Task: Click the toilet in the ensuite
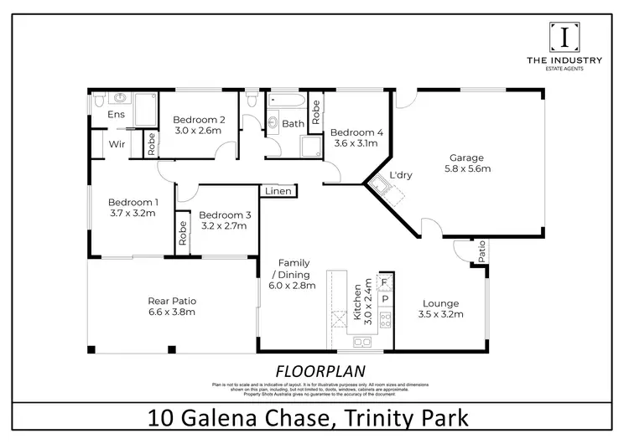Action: pyautogui.click(x=100, y=101)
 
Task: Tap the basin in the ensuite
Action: pyautogui.click(x=121, y=96)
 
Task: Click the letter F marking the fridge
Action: pyautogui.click(x=385, y=282)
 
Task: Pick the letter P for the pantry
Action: pyautogui.click(x=385, y=298)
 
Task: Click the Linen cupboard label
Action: pyautogui.click(x=278, y=192)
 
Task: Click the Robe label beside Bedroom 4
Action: pyautogui.click(x=315, y=111)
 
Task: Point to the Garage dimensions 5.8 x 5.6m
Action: pyautogui.click(x=469, y=169)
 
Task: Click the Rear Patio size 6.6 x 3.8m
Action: pyautogui.click(x=172, y=312)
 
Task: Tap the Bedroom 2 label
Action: pyautogui.click(x=198, y=119)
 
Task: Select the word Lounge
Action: pyautogui.click(x=440, y=302)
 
